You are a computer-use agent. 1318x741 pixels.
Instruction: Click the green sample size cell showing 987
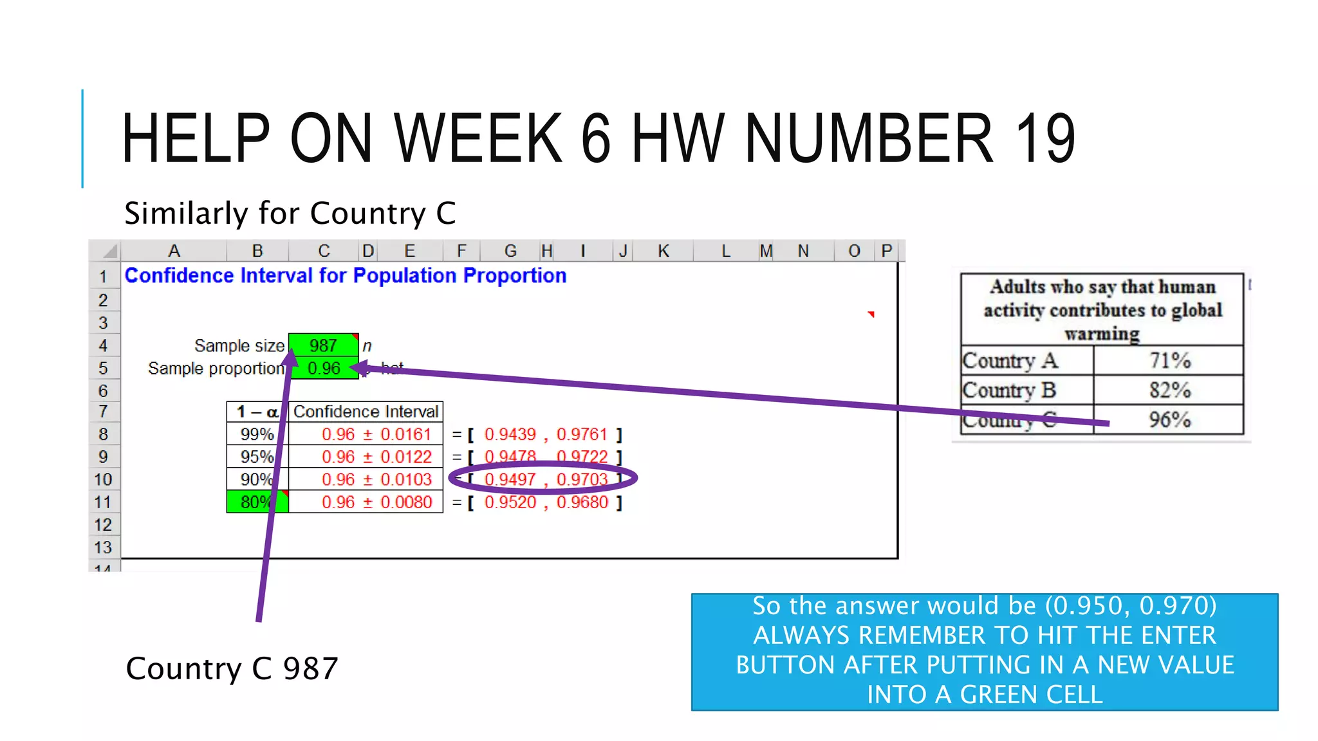pos(323,345)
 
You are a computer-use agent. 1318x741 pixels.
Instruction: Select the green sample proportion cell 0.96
pos(323,369)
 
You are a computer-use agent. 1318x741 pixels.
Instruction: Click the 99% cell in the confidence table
pos(257,434)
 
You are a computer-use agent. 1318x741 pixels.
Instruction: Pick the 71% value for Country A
pos(1169,360)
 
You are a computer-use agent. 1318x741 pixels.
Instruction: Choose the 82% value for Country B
pos(1169,390)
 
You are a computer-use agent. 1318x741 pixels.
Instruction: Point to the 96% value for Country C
pos(1169,419)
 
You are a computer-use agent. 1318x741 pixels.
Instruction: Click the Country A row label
pos(1010,360)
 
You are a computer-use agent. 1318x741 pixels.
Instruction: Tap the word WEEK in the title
pos(478,138)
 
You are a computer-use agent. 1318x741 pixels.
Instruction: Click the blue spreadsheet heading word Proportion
pos(515,275)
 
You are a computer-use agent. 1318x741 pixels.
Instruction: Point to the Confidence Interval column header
pos(366,412)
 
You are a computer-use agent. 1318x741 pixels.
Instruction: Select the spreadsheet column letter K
pos(664,251)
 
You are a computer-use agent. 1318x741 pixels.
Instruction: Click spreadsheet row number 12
pos(103,525)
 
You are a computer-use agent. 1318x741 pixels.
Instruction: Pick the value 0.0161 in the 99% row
pos(405,434)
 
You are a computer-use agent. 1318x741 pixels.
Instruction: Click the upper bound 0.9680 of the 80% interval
pos(582,502)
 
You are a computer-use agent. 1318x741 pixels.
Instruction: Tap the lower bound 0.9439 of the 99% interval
pos(510,434)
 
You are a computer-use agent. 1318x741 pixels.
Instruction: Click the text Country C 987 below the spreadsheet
pos(232,668)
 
